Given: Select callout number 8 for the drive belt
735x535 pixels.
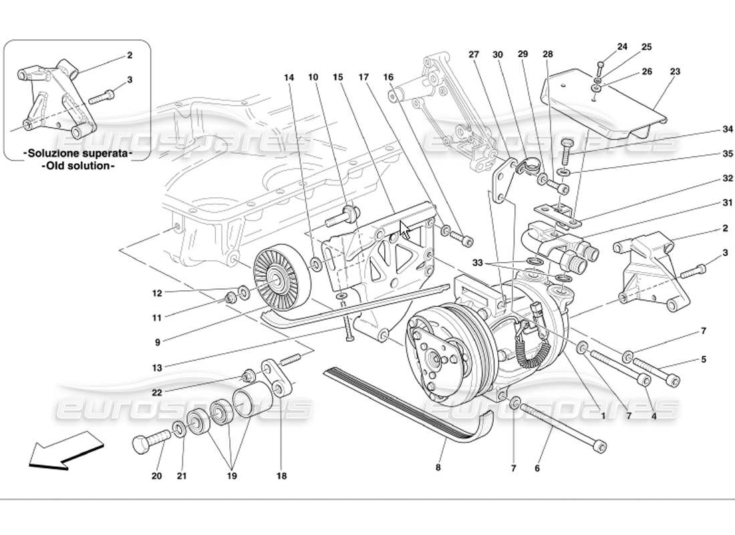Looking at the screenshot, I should pos(438,467).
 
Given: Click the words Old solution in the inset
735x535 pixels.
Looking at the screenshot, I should pos(78,165).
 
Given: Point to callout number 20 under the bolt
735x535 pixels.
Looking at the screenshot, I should pos(156,476).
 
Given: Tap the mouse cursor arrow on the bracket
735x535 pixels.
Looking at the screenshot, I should pos(405,229).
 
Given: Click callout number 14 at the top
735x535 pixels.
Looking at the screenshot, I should pos(289,77).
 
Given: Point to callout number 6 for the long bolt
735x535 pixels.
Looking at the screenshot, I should pos(537,469).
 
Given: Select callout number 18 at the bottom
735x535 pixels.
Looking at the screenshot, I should pos(281,476).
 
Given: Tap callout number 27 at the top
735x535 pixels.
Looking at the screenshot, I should pos(474,54).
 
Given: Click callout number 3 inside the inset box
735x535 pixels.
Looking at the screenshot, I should pos(130,80).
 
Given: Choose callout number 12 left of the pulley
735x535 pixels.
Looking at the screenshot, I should pos(157,292).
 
